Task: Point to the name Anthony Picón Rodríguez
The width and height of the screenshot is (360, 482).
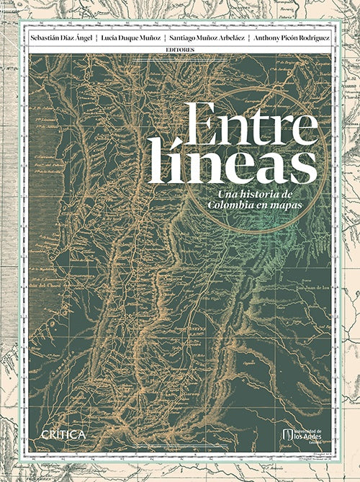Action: click(x=291, y=37)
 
